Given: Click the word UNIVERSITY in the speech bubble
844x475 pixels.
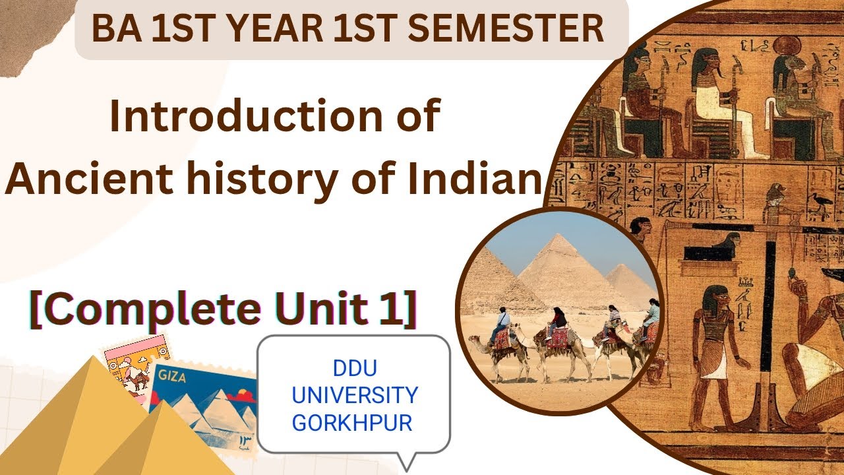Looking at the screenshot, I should [355, 396].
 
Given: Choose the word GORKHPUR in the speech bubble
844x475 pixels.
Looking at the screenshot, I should [352, 423].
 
